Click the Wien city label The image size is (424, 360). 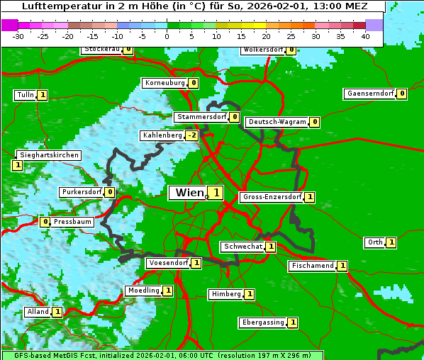pos(187,193)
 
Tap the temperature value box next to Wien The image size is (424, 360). pos(215,193)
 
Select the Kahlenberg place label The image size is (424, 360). pos(162,135)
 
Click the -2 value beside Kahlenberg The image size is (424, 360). pos(191,135)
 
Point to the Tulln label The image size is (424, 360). pos(25,95)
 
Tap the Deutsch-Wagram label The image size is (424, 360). pos(277,122)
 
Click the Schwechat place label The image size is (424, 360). pos(242,247)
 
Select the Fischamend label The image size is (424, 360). pos(311,266)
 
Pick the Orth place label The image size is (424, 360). pos(374,242)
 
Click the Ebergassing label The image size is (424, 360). pos(262,322)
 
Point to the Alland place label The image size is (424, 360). pos(38,312)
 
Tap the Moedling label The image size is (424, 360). pos(143,291)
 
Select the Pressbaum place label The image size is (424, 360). pos(73,222)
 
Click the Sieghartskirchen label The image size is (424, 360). pos(48,155)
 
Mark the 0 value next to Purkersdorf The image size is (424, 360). pos(109,192)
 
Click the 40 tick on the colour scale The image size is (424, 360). pos(365,36)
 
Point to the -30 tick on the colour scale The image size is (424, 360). pos(18,36)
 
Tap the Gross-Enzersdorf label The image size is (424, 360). pos(272,197)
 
